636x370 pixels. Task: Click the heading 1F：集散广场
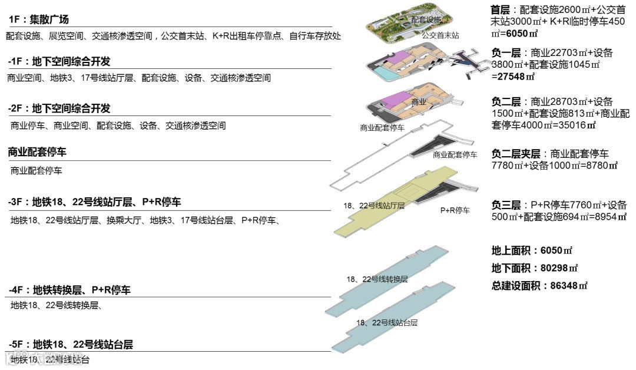(39, 20)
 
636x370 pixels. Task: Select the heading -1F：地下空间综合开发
(59, 62)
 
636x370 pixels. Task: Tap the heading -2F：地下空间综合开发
(59, 109)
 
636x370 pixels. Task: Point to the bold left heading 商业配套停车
(37, 152)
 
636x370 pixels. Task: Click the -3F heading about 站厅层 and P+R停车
(94, 202)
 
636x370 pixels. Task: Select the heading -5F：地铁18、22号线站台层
(71, 345)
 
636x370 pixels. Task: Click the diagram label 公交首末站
(440, 35)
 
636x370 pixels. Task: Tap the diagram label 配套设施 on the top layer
(426, 20)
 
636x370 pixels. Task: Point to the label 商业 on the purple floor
(419, 102)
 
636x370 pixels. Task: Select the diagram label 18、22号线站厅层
(374, 206)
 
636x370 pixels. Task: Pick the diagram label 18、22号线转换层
(377, 279)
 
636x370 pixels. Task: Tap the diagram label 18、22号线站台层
(387, 323)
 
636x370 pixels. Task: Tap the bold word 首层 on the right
(501, 10)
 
